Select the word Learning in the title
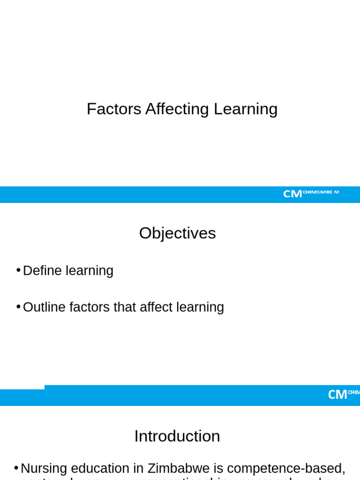(246, 109)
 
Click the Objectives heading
(177, 233)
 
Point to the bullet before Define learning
(18, 270)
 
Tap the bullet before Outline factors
(18, 307)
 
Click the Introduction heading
(177, 436)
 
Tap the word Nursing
(44, 469)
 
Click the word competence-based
(286, 469)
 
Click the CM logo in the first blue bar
(292, 194)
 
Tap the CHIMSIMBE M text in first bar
(321, 192)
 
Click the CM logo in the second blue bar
(337, 395)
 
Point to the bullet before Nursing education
(16, 468)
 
